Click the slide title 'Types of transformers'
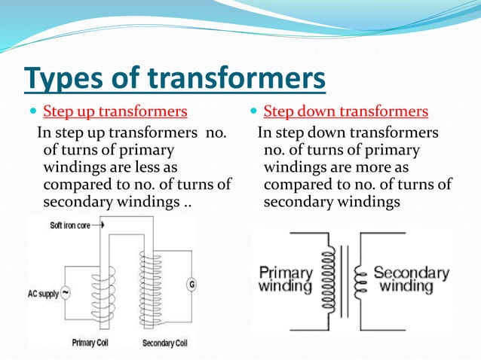175,79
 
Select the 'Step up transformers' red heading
115,113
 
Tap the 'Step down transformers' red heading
345,113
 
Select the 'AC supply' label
42,292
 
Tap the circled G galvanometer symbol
191,285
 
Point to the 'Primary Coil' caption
93,343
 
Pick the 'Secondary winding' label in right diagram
410,279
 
